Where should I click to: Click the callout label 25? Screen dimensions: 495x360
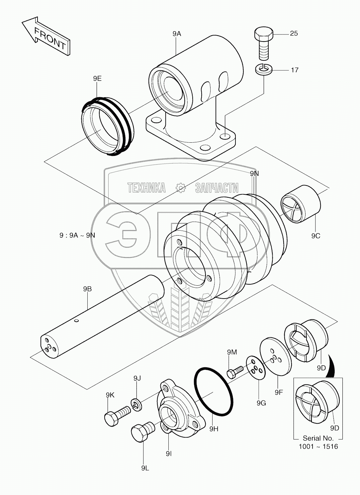coord(294,33)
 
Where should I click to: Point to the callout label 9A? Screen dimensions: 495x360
coord(177,34)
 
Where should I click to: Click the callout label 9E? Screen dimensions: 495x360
coord(97,78)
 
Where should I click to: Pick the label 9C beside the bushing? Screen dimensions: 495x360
coord(315,236)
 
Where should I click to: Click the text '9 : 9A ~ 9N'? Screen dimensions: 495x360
coord(77,235)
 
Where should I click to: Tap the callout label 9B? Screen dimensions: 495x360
coord(87,289)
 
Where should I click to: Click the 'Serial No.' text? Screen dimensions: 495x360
coord(318,438)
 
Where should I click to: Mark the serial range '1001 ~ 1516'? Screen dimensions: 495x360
coord(318,447)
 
